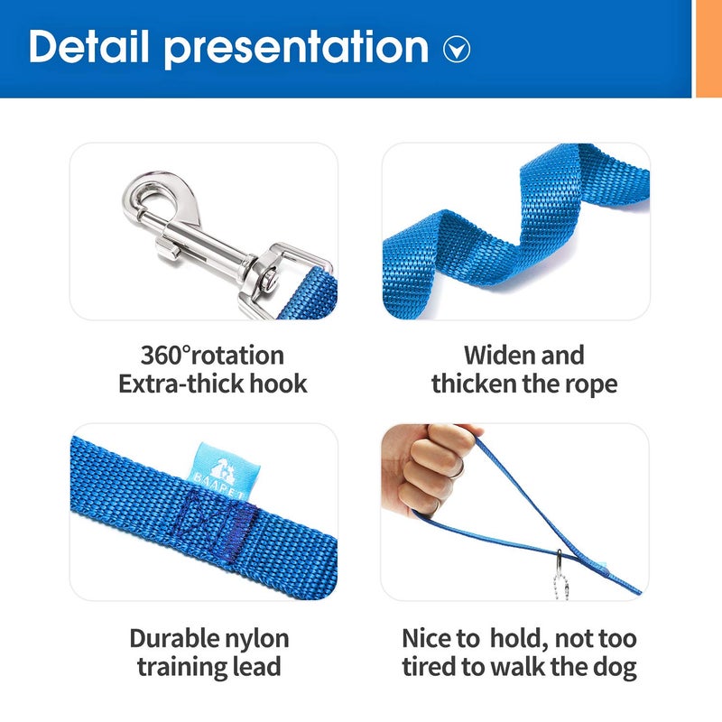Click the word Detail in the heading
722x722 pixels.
(x=88, y=47)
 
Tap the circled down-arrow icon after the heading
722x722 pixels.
(x=458, y=50)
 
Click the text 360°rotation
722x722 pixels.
(x=212, y=355)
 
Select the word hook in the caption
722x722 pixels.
(x=277, y=384)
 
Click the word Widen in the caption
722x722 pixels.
(x=501, y=355)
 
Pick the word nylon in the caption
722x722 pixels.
(x=256, y=639)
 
